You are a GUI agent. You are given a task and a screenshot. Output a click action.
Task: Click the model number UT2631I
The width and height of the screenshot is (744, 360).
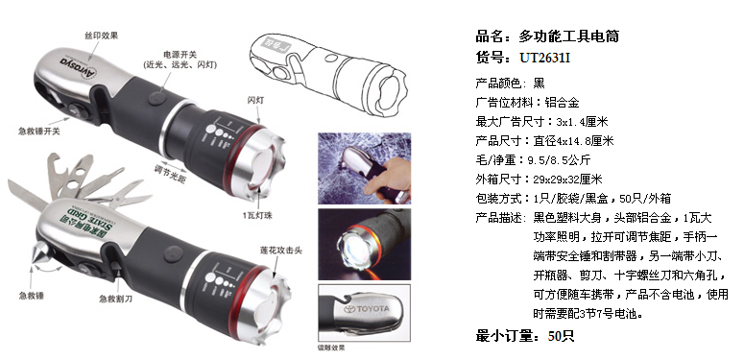(x=548, y=59)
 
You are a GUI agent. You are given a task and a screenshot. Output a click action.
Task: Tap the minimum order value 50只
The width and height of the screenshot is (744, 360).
(x=561, y=335)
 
